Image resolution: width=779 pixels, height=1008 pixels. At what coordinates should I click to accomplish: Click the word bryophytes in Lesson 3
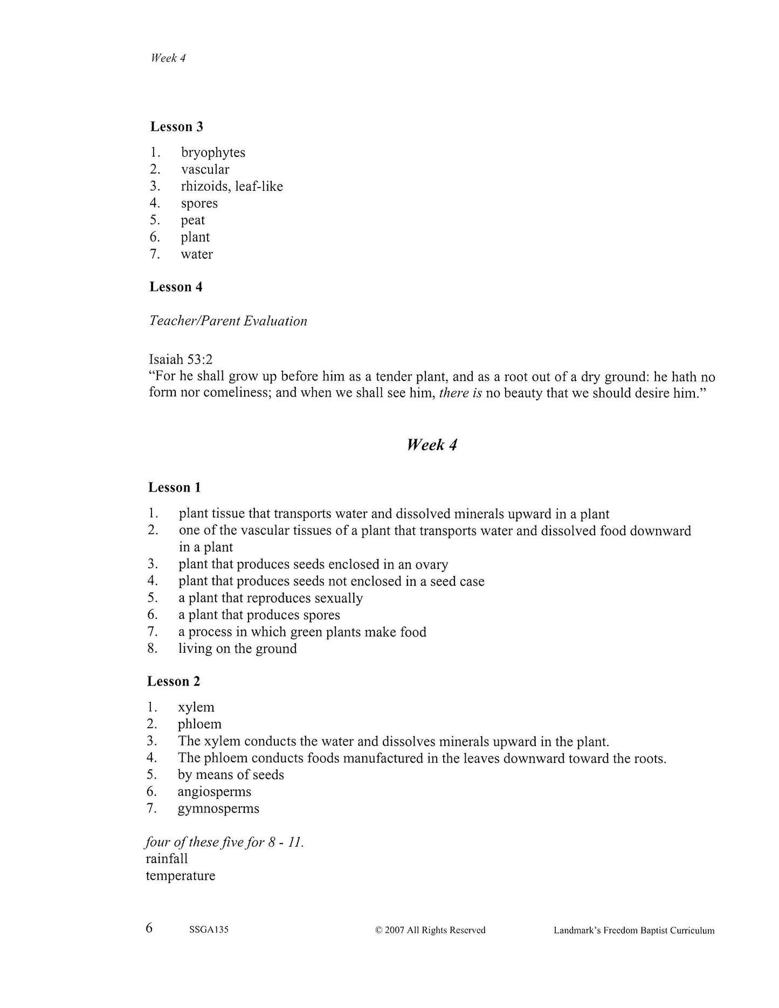point(213,153)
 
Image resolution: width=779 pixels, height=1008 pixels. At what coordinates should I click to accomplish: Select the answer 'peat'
point(192,220)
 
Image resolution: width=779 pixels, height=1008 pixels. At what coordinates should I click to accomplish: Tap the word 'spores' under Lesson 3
point(199,204)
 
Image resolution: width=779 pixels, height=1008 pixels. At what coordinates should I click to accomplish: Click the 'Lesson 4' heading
point(176,287)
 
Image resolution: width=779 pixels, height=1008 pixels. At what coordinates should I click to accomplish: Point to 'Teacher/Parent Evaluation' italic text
point(228,321)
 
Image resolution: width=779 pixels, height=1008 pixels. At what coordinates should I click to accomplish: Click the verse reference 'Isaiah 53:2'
point(181,359)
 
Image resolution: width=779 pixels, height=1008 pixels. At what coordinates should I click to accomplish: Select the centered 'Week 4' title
point(432,445)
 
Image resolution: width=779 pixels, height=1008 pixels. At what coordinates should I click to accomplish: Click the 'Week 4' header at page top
point(168,58)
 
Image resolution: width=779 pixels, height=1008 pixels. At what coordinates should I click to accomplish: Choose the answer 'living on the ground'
point(237,648)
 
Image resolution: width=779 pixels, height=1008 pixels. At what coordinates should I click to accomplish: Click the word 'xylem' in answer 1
point(196,707)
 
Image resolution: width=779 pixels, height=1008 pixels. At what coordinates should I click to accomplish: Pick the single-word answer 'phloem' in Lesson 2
point(199,724)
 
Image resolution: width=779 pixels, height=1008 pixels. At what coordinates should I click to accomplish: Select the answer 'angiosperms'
point(214,791)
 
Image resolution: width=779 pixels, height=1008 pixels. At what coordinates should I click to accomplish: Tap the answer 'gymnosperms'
point(218,809)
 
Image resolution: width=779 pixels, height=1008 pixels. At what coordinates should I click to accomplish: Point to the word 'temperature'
point(180,875)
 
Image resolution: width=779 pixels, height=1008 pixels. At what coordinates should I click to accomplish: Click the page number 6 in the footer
point(149,928)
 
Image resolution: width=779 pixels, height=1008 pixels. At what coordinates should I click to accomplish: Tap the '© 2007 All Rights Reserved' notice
point(430,930)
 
